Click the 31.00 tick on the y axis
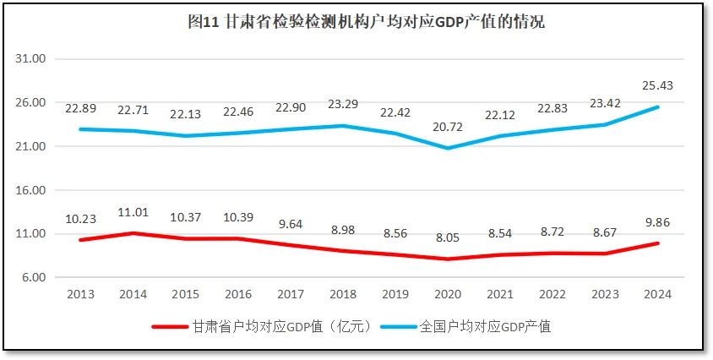click(31, 59)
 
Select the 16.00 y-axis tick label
click(31, 190)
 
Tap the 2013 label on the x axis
click(81, 294)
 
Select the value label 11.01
click(133, 212)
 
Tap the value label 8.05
click(447, 238)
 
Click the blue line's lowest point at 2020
click(447, 149)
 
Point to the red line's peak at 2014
click(133, 233)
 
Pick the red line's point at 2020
click(447, 259)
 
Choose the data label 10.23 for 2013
click(81, 219)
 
